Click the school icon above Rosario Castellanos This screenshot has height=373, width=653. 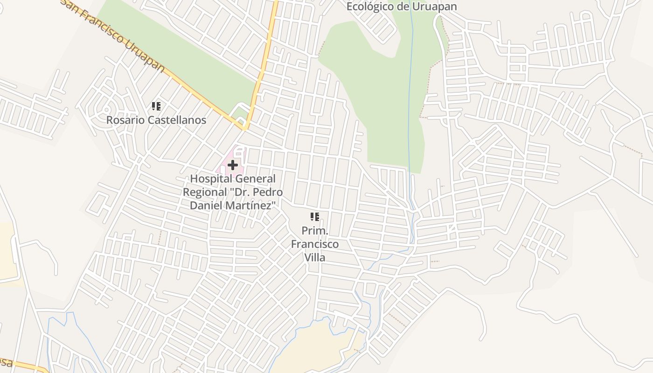click(x=156, y=106)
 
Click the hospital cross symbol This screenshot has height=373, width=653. click(x=232, y=165)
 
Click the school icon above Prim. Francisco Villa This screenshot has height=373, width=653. click(x=315, y=216)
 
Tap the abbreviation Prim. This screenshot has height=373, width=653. click(x=315, y=231)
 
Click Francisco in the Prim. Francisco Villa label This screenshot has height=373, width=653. click(x=315, y=244)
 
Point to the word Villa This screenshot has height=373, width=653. click(x=315, y=257)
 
